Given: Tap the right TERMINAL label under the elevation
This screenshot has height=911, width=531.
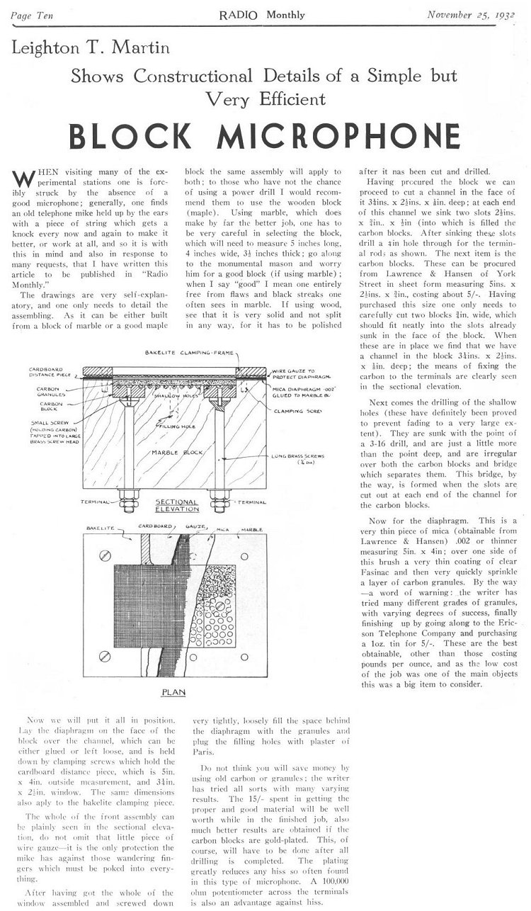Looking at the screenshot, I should [253, 502].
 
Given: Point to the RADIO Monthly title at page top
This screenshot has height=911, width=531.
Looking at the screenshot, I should [266, 14].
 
